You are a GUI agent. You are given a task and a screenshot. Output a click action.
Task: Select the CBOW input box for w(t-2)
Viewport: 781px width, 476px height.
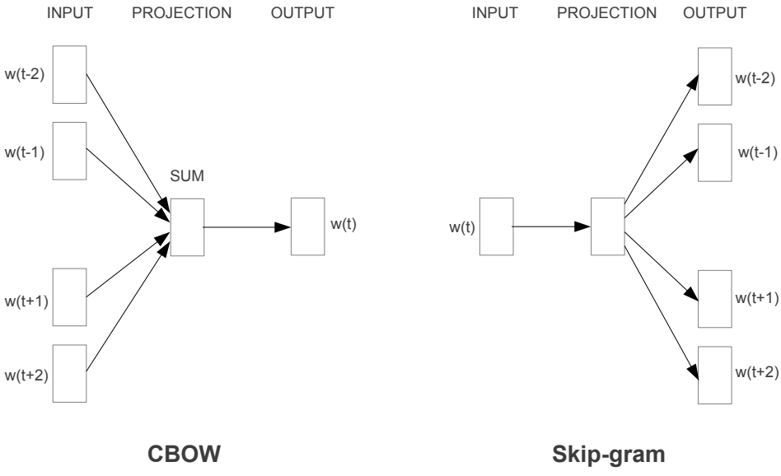[x=69, y=75]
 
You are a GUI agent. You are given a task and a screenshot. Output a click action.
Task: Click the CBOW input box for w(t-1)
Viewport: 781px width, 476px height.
[x=69, y=150]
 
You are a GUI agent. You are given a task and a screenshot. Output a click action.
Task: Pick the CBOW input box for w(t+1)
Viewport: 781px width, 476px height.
[x=69, y=297]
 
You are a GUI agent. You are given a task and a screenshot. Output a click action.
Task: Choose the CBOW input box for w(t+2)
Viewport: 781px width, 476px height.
[x=69, y=373]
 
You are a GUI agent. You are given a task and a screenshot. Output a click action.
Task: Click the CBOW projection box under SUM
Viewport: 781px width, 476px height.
[x=186, y=226]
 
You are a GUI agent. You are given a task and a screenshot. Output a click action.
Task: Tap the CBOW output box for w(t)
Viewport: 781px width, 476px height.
[x=306, y=226]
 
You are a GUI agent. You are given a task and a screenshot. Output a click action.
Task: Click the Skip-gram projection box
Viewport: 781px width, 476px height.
[x=607, y=226]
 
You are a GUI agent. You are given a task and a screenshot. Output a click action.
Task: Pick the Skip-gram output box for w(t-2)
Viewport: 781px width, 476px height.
[x=713, y=77]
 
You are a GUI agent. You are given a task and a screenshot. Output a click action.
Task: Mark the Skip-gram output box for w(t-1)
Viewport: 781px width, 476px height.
[x=713, y=152]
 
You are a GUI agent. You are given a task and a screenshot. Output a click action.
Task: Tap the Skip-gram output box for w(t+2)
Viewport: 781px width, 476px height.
[x=713, y=375]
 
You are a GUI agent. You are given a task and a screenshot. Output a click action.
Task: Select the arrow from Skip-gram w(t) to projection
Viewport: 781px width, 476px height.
[x=550, y=226]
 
